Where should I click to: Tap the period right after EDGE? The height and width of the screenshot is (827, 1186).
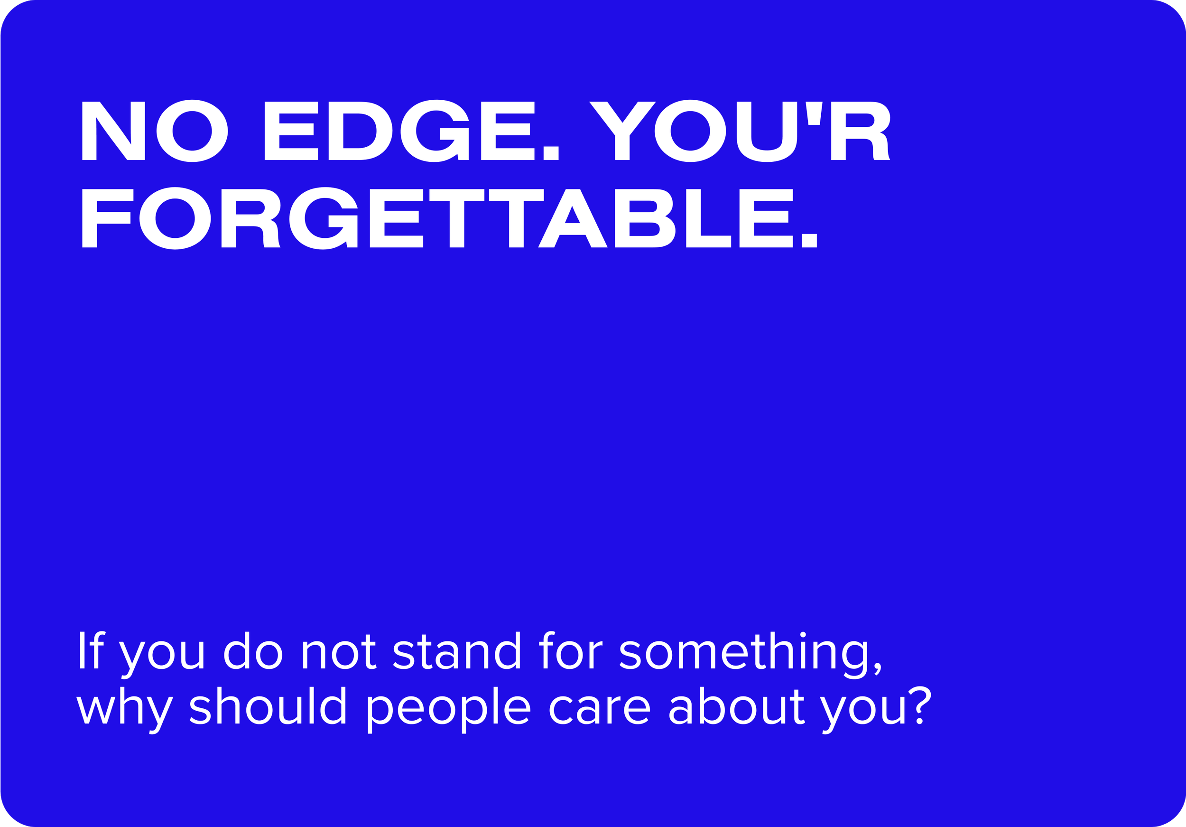point(551,153)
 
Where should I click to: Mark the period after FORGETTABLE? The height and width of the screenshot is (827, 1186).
point(809,240)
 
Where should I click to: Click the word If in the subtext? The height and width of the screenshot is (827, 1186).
point(91,651)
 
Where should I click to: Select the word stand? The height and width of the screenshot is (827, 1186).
point(457,651)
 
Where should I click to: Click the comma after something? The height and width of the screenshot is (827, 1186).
point(877,668)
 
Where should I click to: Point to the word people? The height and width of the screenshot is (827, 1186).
point(448,709)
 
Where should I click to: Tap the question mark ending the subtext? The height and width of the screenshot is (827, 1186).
point(920,705)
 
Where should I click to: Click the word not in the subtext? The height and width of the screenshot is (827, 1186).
point(338,652)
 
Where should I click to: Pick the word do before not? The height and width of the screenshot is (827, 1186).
point(253,651)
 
